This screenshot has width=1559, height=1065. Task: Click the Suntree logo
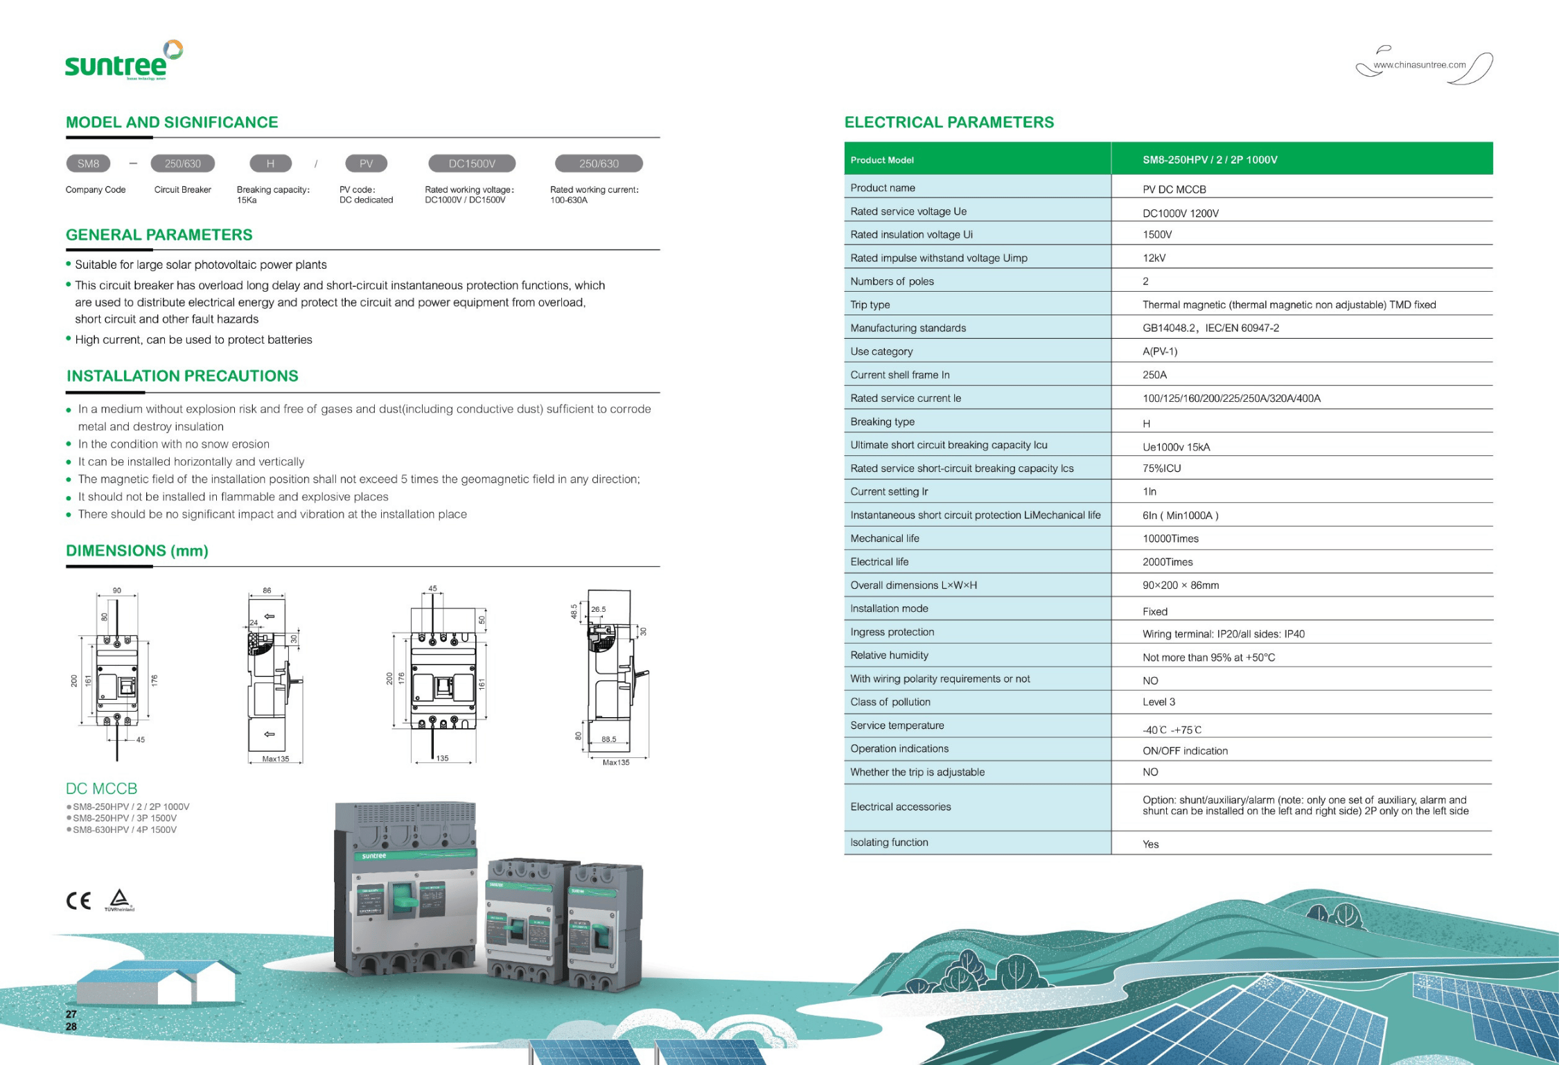pos(123,62)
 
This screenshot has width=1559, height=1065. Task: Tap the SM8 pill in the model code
pos(88,164)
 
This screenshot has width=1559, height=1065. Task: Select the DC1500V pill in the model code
pos(472,164)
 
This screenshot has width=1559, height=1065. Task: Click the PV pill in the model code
pos(366,164)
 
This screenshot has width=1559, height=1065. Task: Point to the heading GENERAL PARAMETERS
pos(159,235)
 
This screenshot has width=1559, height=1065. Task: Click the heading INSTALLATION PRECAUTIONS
pos(182,376)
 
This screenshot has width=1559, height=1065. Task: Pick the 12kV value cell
pos(1154,258)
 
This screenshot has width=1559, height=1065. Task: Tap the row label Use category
pos(881,351)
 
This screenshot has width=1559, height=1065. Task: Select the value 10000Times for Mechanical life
pos(1170,538)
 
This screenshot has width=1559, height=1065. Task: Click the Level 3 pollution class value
pos(1159,702)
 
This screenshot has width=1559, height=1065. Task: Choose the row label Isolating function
pos(889,843)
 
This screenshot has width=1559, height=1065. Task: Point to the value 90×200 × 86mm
pos(1180,586)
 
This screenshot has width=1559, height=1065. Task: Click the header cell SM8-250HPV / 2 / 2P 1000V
pos(1209,160)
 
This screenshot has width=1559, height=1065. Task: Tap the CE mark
pos(78,901)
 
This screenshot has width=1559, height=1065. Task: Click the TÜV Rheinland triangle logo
pos(120,899)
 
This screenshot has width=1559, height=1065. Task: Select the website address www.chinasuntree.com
pos(1419,65)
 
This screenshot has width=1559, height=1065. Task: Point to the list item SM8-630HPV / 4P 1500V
pos(125,830)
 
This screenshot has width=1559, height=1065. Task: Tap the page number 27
pos(71,1014)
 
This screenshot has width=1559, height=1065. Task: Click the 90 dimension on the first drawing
pos(117,590)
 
